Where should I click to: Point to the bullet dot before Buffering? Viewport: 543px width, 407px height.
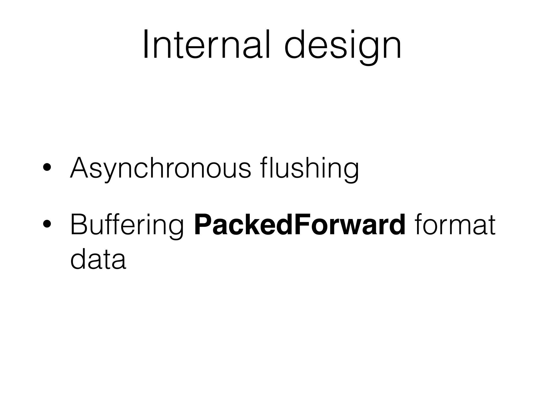(x=47, y=225)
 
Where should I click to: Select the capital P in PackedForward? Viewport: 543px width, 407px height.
(x=202, y=225)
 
